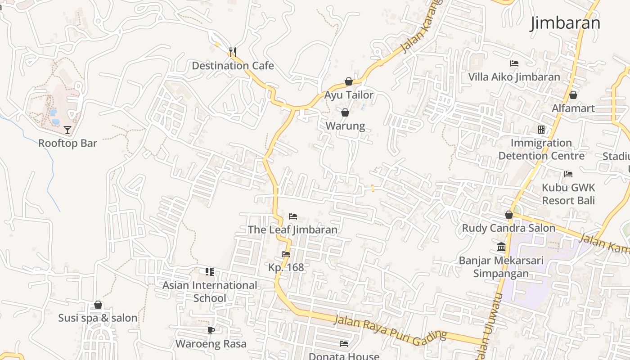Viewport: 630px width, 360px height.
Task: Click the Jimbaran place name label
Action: [x=565, y=22]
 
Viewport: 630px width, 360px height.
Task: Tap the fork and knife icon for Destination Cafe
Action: [x=232, y=52]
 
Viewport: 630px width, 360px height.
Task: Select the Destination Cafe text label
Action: [x=233, y=66]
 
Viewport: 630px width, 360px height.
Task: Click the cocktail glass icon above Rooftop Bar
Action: [x=67, y=130]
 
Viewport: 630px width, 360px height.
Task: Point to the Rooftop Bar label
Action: [x=67, y=143]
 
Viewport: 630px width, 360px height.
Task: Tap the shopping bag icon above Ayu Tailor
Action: [x=348, y=81]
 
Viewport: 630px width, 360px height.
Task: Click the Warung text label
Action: [x=345, y=126]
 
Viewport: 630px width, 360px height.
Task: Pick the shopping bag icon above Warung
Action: [x=345, y=112]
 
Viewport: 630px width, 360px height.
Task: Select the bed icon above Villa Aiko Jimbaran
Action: [x=514, y=63]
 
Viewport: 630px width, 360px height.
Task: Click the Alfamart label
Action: [x=573, y=108]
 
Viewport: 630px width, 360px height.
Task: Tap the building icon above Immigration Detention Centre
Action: [x=541, y=130]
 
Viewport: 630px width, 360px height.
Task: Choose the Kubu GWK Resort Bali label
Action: [x=568, y=194]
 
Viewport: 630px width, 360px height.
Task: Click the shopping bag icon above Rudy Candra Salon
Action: [x=509, y=215]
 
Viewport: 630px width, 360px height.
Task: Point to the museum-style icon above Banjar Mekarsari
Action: [x=501, y=247]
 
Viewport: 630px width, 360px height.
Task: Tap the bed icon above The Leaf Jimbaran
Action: [x=293, y=216]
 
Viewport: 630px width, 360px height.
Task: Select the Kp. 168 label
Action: [x=286, y=267]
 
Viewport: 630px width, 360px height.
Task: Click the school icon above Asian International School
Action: [x=210, y=271]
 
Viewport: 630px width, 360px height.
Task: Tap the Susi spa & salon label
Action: [x=98, y=318]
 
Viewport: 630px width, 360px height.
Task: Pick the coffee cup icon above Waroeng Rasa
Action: [x=211, y=331]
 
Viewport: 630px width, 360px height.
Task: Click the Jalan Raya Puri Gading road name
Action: [x=391, y=328]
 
